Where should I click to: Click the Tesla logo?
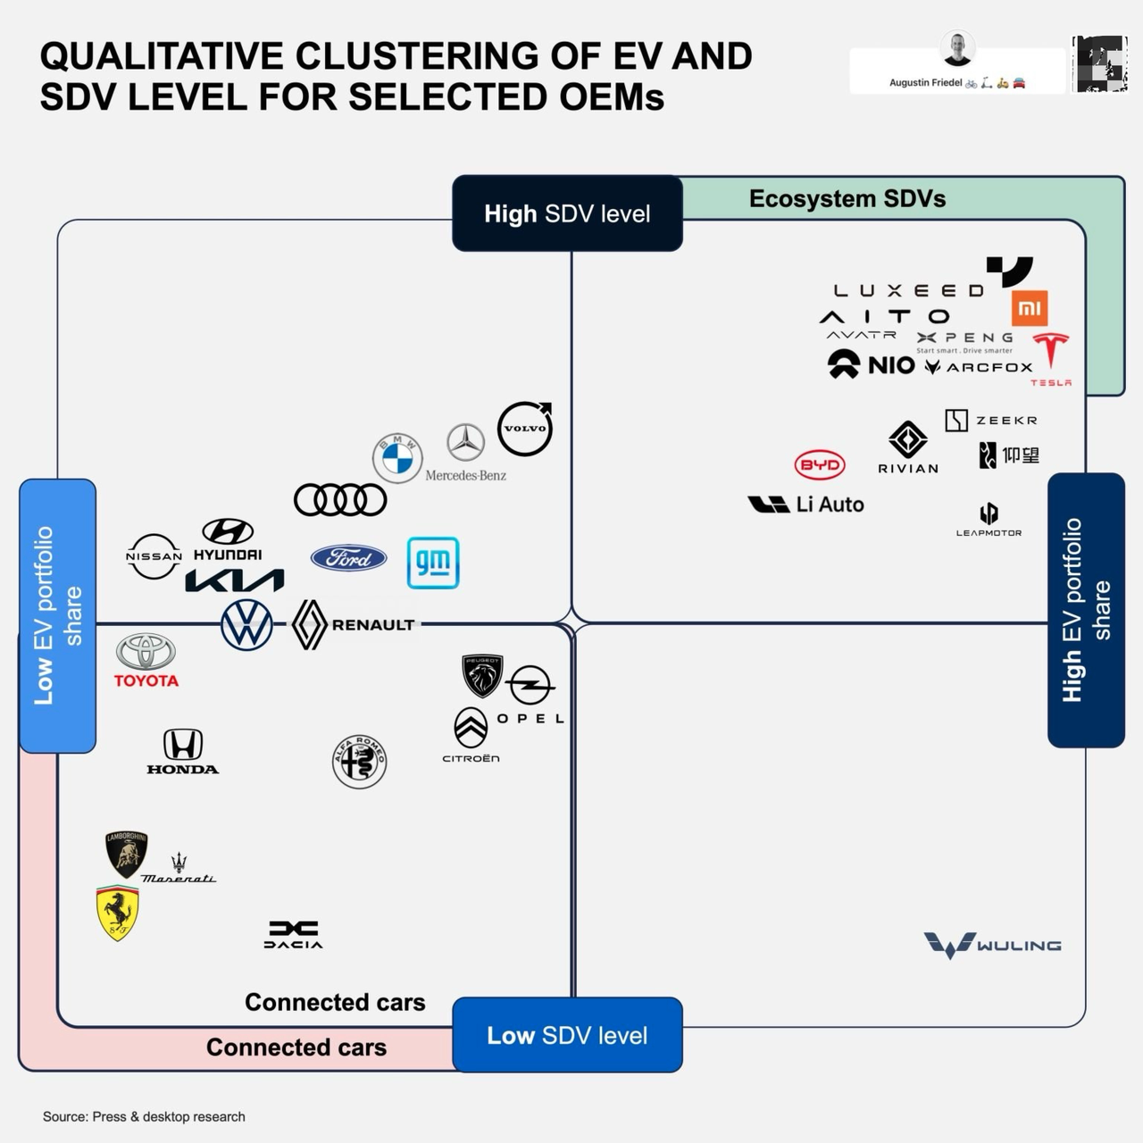(x=1051, y=355)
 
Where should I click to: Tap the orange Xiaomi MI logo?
(x=1030, y=309)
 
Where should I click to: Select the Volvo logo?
(x=524, y=429)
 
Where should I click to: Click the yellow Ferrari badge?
(x=118, y=913)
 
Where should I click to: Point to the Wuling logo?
(x=992, y=945)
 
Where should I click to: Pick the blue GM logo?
(x=433, y=563)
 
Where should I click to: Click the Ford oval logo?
(x=348, y=558)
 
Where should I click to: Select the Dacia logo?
(x=293, y=934)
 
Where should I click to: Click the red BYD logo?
(x=819, y=464)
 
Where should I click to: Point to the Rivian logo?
(x=908, y=446)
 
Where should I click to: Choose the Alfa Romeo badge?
(x=359, y=762)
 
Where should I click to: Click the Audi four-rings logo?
(x=340, y=500)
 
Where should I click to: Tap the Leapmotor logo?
(x=989, y=519)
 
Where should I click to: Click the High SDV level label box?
(x=567, y=213)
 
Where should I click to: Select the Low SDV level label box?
(x=567, y=1035)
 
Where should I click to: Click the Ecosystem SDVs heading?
(x=847, y=198)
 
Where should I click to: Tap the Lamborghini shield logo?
(x=126, y=854)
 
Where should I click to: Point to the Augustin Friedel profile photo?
(x=958, y=48)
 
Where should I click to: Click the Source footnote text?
(x=144, y=1116)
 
